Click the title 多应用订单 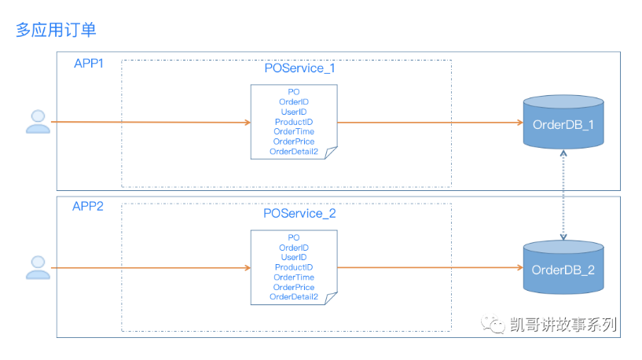point(56,30)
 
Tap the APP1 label point(89,64)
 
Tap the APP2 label point(88,206)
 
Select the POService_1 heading point(299,68)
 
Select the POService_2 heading point(299,213)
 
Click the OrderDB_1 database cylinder point(563,122)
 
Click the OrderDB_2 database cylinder point(563,267)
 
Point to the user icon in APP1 point(38,122)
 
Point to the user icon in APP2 point(38,267)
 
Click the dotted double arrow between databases point(563,195)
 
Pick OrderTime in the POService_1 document point(294,131)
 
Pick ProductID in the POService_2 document point(294,267)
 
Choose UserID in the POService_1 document point(294,112)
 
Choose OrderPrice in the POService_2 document point(294,287)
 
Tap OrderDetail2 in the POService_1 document point(294,152)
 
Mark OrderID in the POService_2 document point(294,248)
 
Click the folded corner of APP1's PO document point(330,152)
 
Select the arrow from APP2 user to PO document point(151,268)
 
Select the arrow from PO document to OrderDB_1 point(431,122)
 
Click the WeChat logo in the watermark point(493,324)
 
